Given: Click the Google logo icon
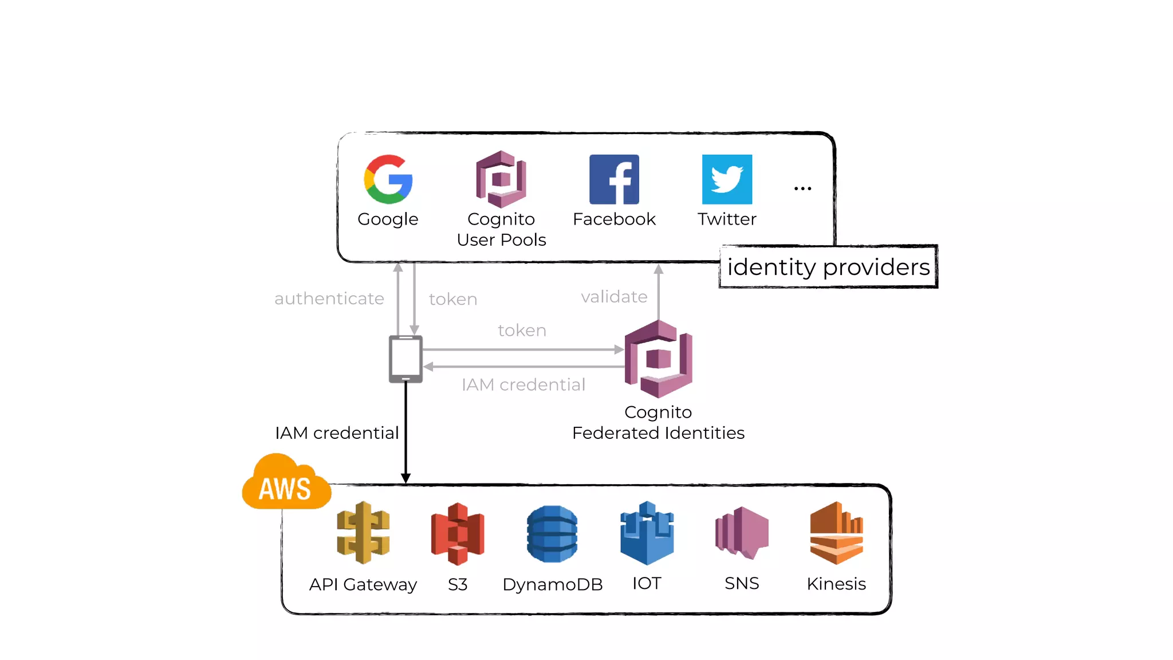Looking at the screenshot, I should (388, 179).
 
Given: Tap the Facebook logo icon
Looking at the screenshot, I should (614, 179).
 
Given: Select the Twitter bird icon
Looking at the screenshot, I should (727, 179).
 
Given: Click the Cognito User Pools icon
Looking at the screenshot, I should (501, 179).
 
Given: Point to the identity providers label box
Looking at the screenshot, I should (828, 267).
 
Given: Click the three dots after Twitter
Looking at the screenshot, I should (802, 188).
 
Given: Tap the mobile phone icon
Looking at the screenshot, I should (406, 359).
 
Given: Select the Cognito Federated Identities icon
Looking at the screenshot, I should (659, 359).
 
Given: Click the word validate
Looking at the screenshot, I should (614, 297).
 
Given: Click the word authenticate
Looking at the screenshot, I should (329, 298).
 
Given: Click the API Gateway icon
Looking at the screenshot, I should (363, 533).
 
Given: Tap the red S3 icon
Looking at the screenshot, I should (458, 533).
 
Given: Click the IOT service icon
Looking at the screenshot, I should (647, 533).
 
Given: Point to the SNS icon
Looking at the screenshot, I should (742, 533).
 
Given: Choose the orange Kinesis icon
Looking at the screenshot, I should (836, 533).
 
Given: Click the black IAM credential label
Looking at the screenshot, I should (337, 433).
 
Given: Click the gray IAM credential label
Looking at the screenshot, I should (523, 385).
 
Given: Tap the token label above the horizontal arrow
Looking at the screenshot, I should (522, 331).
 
